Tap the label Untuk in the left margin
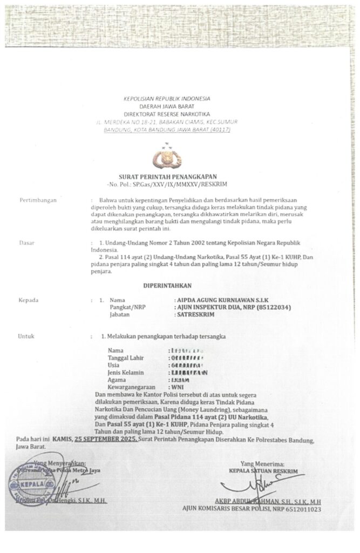tap(26, 336)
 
